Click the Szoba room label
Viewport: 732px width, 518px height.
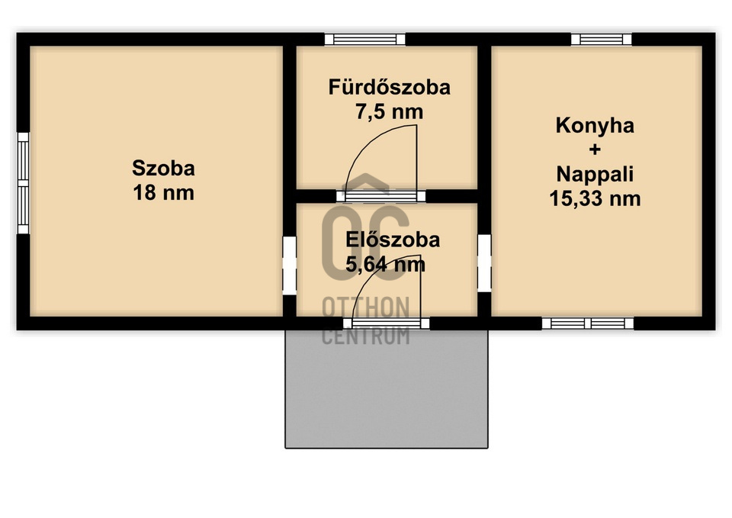(x=163, y=168)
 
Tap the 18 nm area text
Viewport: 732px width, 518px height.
(x=163, y=193)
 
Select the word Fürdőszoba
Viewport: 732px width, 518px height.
(x=390, y=87)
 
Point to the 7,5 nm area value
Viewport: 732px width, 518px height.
(x=390, y=112)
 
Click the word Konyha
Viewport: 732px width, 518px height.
(x=595, y=126)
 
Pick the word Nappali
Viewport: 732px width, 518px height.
(x=595, y=175)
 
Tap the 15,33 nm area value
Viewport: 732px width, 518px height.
(x=595, y=199)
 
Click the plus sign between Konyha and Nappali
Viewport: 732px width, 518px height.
(x=595, y=150)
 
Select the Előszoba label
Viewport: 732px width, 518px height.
(x=393, y=240)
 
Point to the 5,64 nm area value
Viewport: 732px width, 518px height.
(x=386, y=265)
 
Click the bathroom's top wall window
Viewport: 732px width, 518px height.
(x=365, y=39)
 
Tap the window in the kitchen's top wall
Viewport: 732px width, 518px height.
(x=602, y=39)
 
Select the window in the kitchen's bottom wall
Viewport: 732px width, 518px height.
(x=588, y=323)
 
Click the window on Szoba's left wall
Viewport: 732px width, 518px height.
(x=24, y=183)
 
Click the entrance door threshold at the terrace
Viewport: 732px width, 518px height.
(x=386, y=323)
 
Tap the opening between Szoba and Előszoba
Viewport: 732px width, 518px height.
(x=290, y=265)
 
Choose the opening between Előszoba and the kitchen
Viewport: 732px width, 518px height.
(x=484, y=263)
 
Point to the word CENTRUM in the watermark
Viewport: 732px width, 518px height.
(x=366, y=336)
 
